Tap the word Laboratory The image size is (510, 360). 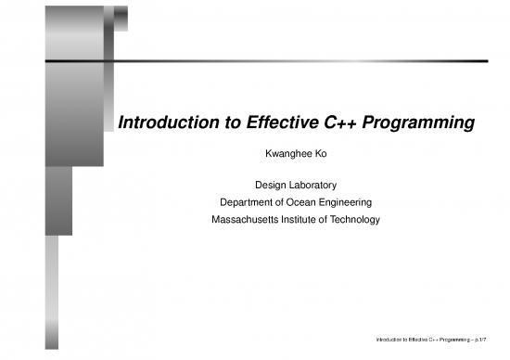tap(312, 185)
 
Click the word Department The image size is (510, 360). tap(249, 201)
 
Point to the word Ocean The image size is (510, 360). tap(312, 201)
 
